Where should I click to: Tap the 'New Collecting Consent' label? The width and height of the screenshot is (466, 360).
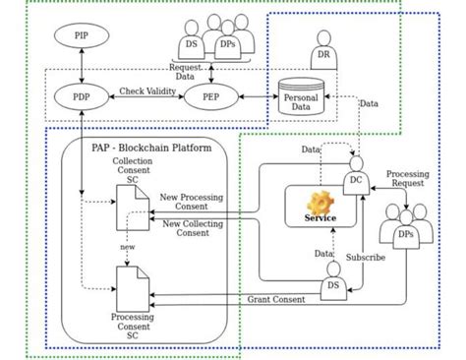(x=198, y=227)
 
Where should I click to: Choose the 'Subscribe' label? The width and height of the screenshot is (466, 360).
(x=366, y=258)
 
